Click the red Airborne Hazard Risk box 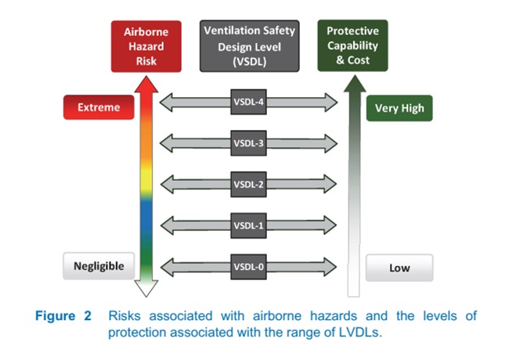click(x=146, y=46)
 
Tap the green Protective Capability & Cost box click(x=352, y=46)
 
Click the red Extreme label click(x=99, y=107)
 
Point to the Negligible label click(x=99, y=266)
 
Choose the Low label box click(x=399, y=268)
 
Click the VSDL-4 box click(x=248, y=102)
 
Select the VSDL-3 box click(x=248, y=143)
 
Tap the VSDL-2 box click(x=248, y=185)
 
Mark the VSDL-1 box click(x=248, y=225)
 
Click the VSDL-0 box click(x=248, y=267)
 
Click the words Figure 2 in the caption click(x=65, y=316)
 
